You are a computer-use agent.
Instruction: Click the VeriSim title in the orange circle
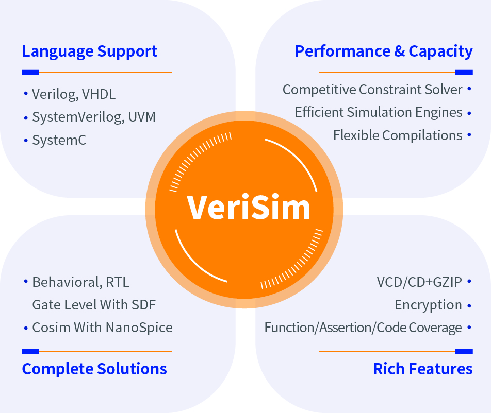point(249,207)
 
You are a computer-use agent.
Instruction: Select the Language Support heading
point(89,51)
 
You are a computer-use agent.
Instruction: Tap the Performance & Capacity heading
point(383,51)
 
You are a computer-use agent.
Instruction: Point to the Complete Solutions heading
point(94,369)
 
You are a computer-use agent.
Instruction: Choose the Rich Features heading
point(422,369)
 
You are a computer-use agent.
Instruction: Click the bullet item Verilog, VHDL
point(74,94)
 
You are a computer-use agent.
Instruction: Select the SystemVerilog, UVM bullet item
point(93,117)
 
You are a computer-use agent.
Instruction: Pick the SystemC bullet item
point(59,140)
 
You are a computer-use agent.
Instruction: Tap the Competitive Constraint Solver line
point(372,90)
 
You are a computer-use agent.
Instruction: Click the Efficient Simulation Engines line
point(379,112)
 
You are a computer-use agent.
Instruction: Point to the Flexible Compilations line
point(398,135)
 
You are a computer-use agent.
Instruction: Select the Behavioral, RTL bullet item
point(80,282)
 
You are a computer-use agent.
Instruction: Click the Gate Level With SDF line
point(94,305)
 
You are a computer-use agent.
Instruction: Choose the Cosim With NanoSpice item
point(102,328)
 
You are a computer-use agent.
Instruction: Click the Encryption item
point(428,305)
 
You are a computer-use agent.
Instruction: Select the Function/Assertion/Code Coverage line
point(363,328)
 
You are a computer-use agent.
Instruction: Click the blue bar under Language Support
point(30,72)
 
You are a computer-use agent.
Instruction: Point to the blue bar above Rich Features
point(464,351)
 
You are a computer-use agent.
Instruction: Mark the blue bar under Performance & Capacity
point(464,72)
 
